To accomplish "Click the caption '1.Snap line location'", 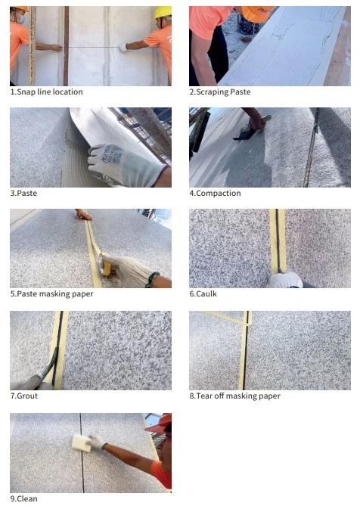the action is [46, 92].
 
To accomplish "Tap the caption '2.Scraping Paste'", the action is [220, 92].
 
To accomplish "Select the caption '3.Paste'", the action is [23, 193].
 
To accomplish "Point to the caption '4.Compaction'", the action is [216, 193].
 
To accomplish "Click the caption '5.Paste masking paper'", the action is [51, 293].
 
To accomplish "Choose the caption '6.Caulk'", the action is [203, 293].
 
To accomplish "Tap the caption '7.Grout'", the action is [24, 396].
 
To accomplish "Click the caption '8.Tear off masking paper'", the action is [235, 396].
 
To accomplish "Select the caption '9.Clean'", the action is [23, 498].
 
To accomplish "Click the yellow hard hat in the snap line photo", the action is [163, 12].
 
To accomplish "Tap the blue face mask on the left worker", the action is [21, 20].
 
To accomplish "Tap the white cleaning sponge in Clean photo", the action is [81, 442].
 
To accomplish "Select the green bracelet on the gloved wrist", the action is [152, 280].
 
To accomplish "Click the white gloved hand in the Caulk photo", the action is [285, 280].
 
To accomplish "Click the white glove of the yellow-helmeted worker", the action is [123, 48].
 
